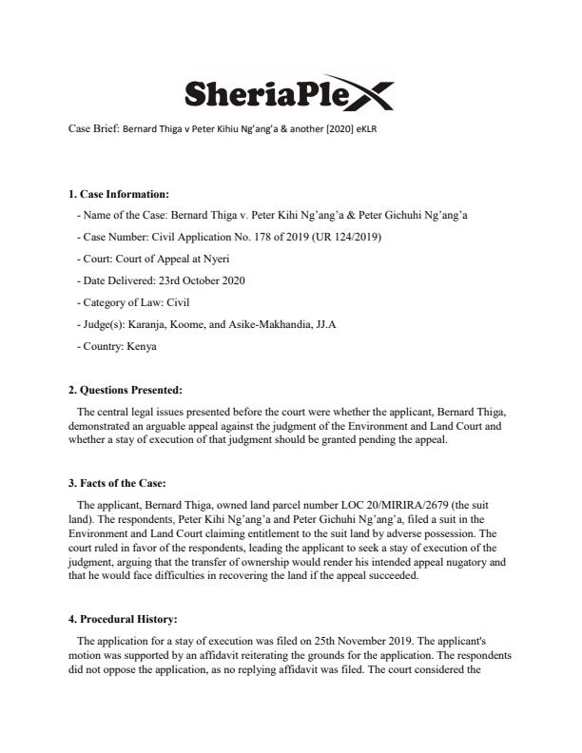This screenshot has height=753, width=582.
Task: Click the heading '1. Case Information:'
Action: (x=118, y=195)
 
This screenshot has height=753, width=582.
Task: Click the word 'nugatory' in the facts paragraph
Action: (x=434, y=562)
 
